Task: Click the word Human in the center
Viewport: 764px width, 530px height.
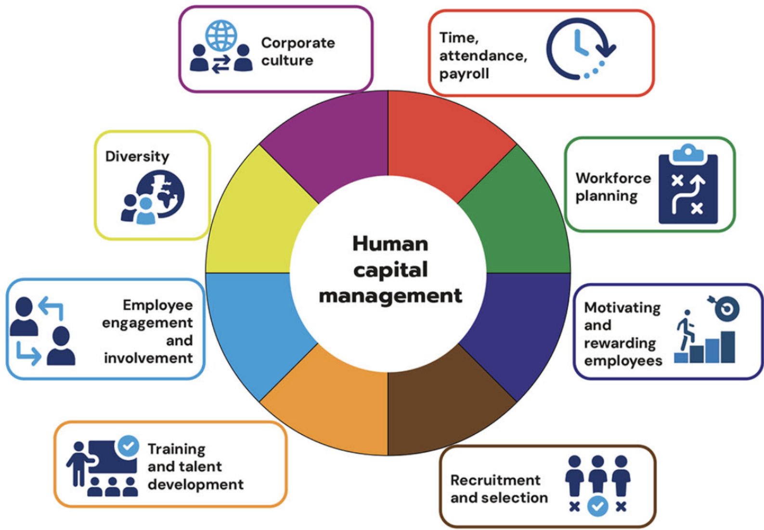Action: [390, 244]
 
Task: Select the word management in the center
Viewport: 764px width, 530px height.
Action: [390, 296]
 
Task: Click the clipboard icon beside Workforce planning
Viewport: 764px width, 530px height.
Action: [688, 184]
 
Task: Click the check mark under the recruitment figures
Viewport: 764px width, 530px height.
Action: [597, 506]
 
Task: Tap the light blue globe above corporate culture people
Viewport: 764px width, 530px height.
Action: [221, 36]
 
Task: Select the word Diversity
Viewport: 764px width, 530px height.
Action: [137, 156]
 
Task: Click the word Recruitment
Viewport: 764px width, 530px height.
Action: [495, 480]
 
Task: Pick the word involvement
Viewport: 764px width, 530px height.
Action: [148, 358]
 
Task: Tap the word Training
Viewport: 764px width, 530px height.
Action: [176, 450]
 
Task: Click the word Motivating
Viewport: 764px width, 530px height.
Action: [622, 308]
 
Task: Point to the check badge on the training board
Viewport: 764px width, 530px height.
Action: [128, 446]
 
